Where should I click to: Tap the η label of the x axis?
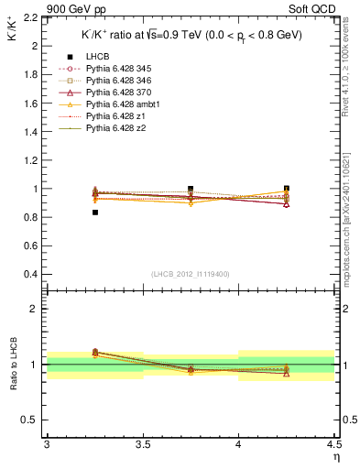(335, 456)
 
